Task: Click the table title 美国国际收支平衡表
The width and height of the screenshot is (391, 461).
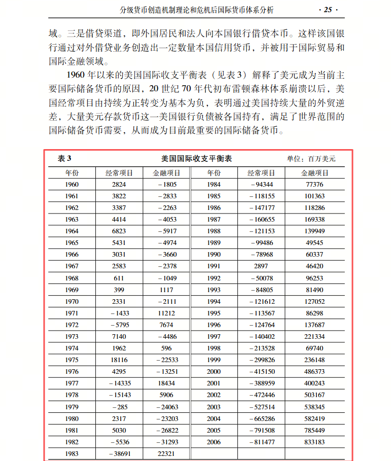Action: click(196, 159)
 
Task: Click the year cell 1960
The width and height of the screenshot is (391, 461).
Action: click(72, 185)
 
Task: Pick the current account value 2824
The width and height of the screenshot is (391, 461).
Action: click(119, 185)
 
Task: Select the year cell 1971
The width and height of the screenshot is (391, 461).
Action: click(72, 313)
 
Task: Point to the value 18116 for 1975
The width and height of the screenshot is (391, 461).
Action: click(119, 360)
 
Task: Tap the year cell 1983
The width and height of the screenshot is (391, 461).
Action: click(72, 454)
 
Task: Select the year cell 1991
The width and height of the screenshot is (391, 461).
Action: click(214, 266)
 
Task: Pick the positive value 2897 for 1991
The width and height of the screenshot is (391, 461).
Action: click(262, 266)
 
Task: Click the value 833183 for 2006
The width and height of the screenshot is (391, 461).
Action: click(315, 442)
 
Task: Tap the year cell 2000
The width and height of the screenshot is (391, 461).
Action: click(214, 372)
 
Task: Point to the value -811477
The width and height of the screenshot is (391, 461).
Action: click(262, 442)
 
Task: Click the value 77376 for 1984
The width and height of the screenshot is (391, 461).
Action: click(315, 185)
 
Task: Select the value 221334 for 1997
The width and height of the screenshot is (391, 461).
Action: click(315, 337)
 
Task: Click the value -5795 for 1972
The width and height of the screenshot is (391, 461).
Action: click(119, 325)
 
